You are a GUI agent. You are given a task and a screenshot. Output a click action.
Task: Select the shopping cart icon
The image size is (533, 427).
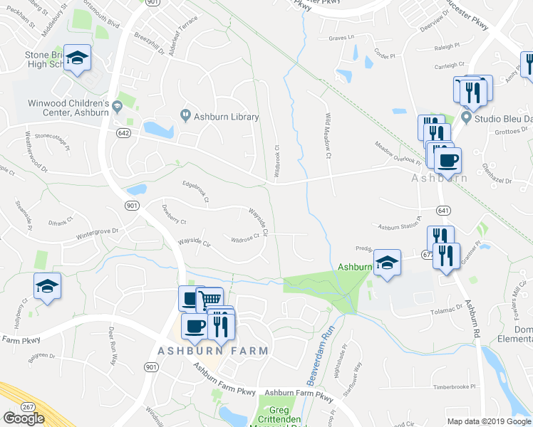coord(209,300)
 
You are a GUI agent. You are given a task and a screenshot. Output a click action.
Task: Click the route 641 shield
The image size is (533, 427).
coord(443,211)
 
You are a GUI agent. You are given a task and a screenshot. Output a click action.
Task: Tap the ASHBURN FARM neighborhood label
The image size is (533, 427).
coord(213,351)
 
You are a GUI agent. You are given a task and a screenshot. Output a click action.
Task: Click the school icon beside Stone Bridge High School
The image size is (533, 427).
coord(76,59)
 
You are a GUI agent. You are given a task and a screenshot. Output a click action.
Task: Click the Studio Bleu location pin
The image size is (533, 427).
coord(467,117)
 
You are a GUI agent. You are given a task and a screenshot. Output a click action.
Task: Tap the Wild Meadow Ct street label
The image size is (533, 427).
coord(329,136)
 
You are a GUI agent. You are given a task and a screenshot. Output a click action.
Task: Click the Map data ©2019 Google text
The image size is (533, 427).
coord(488,421)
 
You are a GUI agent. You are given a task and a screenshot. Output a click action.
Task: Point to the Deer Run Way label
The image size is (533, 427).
coord(113,347)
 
